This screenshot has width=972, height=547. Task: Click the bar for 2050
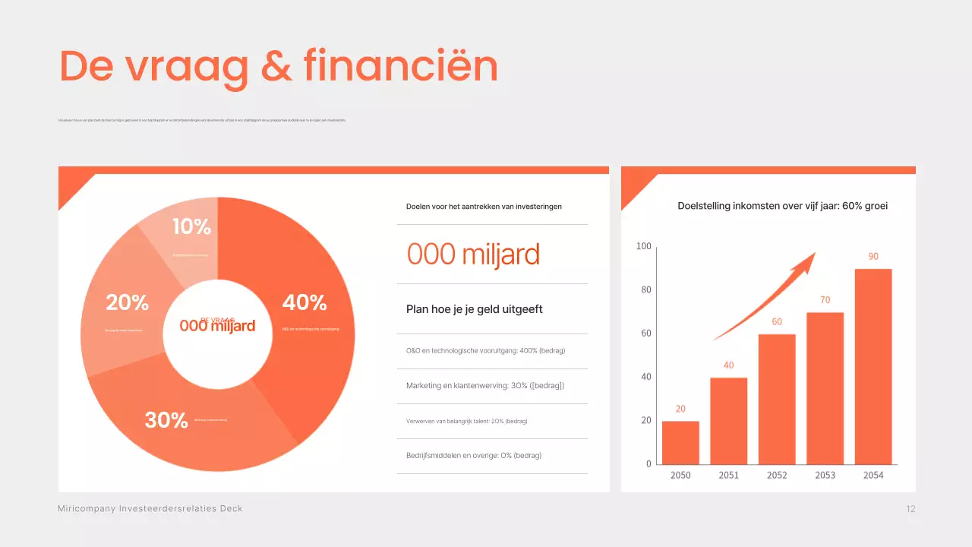tap(680, 442)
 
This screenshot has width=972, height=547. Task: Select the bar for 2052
tap(777, 399)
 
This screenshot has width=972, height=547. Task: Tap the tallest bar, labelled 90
tap(873, 366)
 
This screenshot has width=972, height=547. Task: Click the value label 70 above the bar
tap(825, 300)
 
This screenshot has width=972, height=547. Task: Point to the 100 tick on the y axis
tap(643, 246)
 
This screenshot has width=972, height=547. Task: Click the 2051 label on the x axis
tap(728, 475)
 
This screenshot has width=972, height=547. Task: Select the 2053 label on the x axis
tap(825, 475)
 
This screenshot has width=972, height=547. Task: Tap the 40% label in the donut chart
tap(305, 302)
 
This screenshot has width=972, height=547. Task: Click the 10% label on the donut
tap(191, 226)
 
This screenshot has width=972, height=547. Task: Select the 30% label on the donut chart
tap(166, 420)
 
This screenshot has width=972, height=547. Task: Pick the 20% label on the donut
tap(128, 302)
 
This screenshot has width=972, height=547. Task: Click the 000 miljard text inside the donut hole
tap(217, 326)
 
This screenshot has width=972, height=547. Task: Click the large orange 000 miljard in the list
tap(473, 255)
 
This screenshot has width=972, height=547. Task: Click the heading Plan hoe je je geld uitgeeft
tap(475, 309)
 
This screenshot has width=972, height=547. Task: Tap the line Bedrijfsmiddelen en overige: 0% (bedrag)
tap(474, 456)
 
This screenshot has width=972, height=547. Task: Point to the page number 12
tap(910, 509)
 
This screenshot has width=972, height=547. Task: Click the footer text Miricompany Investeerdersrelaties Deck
tap(150, 508)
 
